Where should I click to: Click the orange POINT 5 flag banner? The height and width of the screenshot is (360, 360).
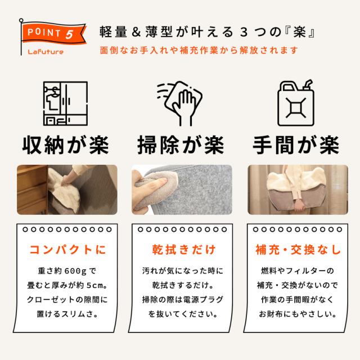[x=54, y=33]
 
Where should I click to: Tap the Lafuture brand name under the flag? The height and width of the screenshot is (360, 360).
[x=46, y=52]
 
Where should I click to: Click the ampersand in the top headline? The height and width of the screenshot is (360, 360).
[x=136, y=31]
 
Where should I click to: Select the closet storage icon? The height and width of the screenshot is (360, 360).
[x=65, y=103]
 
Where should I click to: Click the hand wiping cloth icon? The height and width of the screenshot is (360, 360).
[x=179, y=103]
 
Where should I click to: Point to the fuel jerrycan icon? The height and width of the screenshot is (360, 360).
[x=296, y=103]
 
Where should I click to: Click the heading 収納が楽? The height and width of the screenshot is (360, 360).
[x=66, y=145]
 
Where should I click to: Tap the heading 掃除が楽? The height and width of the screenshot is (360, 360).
[x=181, y=145]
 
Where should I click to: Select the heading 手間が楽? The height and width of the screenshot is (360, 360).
[x=296, y=145]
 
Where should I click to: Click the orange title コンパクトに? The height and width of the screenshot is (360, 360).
[x=67, y=250]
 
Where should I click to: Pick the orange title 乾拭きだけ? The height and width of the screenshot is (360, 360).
[x=184, y=250]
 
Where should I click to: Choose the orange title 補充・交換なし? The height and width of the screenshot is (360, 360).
[x=298, y=250]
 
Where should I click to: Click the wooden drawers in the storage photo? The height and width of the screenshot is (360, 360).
[x=32, y=190]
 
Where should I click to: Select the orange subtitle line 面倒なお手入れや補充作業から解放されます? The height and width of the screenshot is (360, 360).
[x=199, y=50]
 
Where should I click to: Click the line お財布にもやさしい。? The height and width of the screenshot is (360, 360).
[x=298, y=314]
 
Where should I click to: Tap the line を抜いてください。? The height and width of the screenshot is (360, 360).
[x=183, y=314]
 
